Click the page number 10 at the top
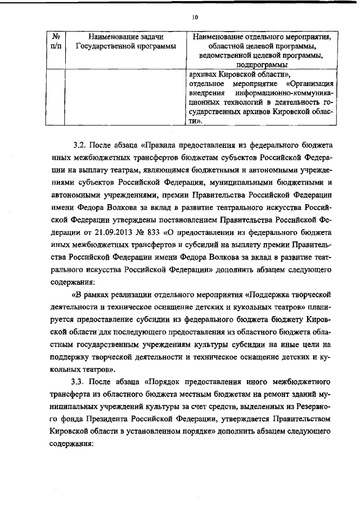coord(195,17)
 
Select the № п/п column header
coord(56,41)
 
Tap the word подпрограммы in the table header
coord(261,65)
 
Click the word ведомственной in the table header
coord(229,56)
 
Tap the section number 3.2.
coord(80,145)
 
